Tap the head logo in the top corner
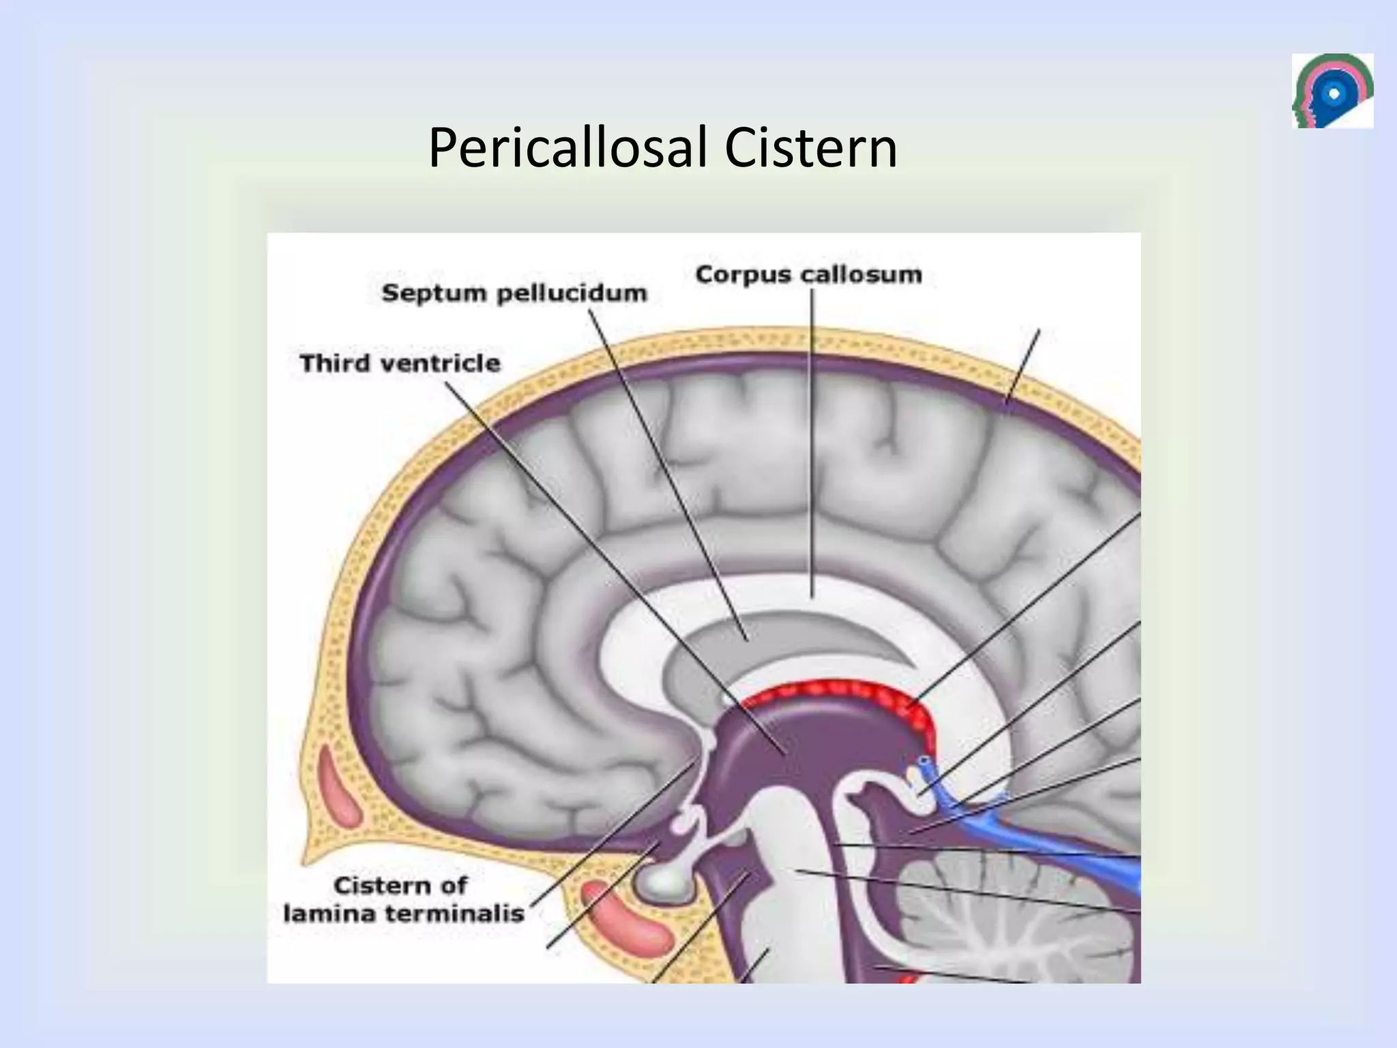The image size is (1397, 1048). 1332,91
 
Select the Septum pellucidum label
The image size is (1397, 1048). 514,293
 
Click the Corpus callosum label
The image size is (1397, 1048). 808,274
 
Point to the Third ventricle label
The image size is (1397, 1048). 400,363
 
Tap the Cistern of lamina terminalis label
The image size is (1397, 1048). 402,899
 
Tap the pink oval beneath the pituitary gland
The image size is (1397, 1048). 627,917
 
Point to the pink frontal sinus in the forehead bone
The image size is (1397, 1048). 338,785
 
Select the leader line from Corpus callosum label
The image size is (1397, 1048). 812,443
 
